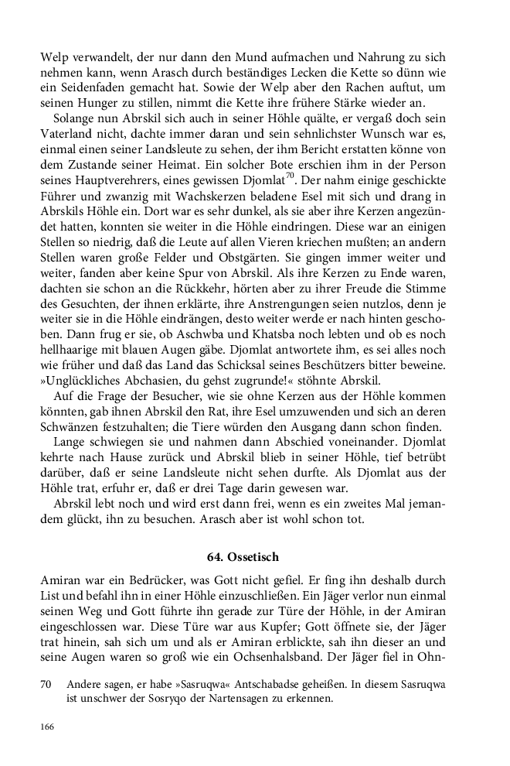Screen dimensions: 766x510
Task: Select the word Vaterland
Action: [68, 137]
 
